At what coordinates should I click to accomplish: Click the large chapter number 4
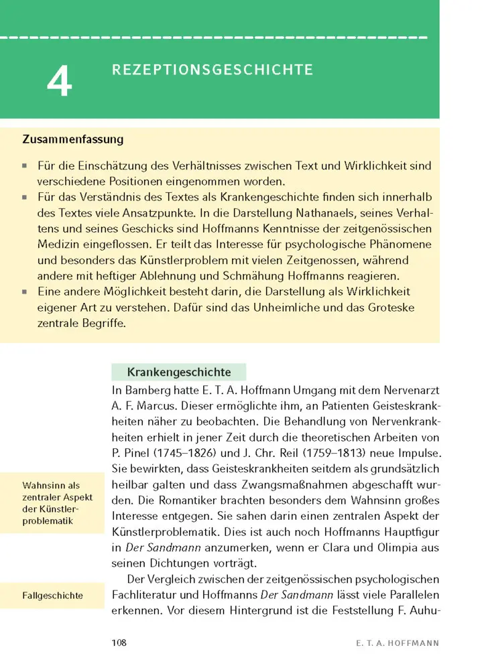pyautogui.click(x=59, y=83)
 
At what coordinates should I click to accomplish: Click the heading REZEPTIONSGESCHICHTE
pyautogui.click(x=212, y=70)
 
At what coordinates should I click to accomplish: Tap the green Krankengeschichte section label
pyautogui.click(x=179, y=372)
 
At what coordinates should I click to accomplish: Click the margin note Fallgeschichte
pyautogui.click(x=52, y=595)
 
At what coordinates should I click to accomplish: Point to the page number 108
pyautogui.click(x=119, y=643)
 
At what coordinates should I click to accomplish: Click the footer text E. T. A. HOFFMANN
pyautogui.click(x=398, y=643)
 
